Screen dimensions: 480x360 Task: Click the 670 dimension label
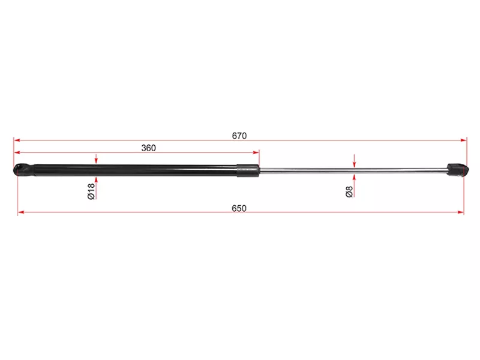click(239, 136)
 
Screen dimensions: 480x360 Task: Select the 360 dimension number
click(148, 148)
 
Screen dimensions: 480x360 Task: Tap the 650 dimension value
click(239, 208)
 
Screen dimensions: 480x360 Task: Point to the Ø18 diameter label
click(91, 191)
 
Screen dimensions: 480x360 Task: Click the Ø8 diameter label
click(349, 191)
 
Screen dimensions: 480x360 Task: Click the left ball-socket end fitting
click(24, 170)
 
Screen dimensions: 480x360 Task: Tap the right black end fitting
click(457, 170)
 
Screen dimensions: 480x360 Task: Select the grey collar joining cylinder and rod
click(248, 170)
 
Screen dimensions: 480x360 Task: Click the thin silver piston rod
click(353, 170)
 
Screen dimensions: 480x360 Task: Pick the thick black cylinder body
click(136, 170)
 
